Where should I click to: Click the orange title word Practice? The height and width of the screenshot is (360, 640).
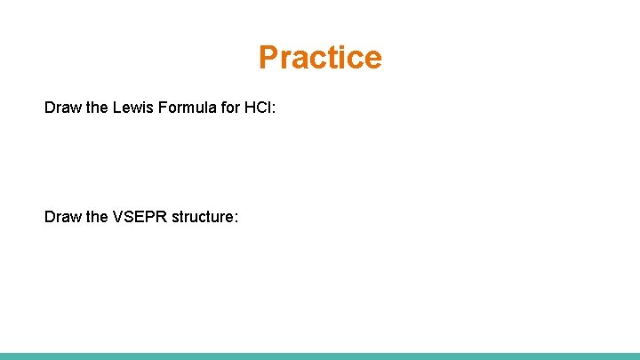[x=320, y=57]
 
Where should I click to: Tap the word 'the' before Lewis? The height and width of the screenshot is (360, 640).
[x=96, y=108]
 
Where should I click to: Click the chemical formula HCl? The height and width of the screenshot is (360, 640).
[x=259, y=108]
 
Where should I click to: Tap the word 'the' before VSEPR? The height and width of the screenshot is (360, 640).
[x=96, y=217]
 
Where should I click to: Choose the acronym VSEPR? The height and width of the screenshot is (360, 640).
[x=138, y=217]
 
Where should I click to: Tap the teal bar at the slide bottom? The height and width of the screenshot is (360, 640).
[x=320, y=356]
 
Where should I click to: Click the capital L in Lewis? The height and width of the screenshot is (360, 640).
[x=117, y=108]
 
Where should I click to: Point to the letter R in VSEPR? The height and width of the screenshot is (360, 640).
[x=159, y=217]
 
